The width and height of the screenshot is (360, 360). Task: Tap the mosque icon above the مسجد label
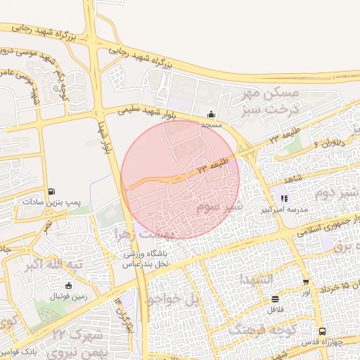click(x=211, y=115)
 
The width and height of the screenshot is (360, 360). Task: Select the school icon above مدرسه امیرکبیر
click(x=284, y=199)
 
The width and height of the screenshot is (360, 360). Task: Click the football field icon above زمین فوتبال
click(x=68, y=285)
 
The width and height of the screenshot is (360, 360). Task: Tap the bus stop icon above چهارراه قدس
click(x=322, y=332)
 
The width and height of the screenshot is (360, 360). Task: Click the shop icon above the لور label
click(x=306, y=282)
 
